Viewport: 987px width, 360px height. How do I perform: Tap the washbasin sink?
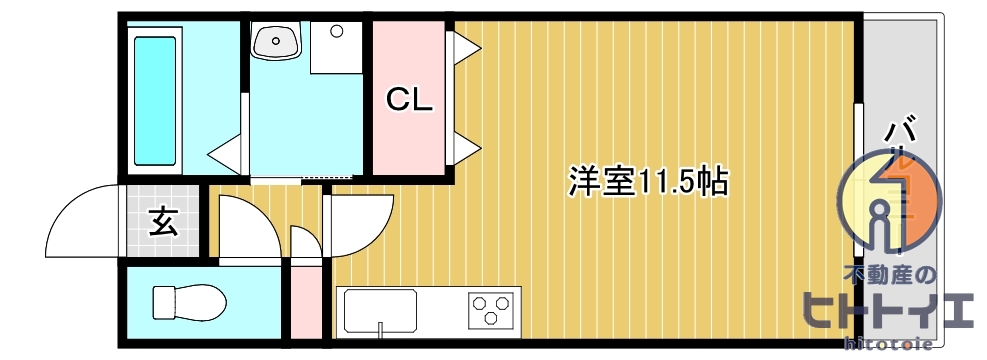click(275, 41)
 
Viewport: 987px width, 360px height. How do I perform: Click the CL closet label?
click(409, 100)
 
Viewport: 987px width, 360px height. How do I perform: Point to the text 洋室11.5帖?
click(647, 182)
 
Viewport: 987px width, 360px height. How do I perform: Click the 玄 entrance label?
click(163, 221)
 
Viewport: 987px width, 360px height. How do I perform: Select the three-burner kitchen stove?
click(493, 308)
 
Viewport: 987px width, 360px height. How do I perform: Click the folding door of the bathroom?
click(226, 153)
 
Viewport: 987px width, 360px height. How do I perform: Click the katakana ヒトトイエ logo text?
click(889, 312)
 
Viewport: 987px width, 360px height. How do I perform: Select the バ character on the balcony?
click(903, 130)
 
